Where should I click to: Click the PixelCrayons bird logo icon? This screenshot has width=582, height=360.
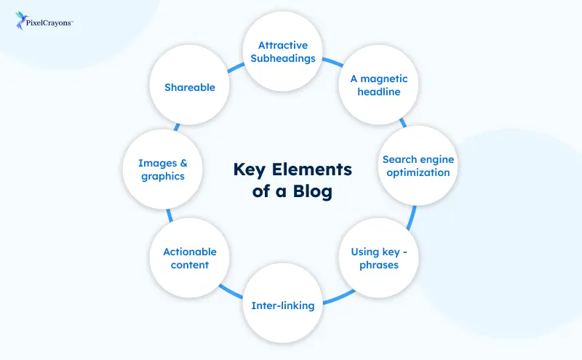coord(22,21)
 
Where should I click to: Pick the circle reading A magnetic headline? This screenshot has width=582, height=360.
coord(378,85)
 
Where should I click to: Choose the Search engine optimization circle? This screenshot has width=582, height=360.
coord(416,166)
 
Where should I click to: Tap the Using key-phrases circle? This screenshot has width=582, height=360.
coord(378,258)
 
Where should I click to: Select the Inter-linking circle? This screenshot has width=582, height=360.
coord(282,305)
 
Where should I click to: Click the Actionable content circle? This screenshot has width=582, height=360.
coord(190,258)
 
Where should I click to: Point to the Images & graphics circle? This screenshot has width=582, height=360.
coord(162,169)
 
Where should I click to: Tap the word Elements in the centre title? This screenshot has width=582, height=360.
coord(314,170)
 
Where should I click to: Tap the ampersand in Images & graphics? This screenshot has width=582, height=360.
coord(182,162)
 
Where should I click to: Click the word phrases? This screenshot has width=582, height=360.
coord(378,265)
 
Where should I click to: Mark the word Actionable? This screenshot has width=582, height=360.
coord(190,252)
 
